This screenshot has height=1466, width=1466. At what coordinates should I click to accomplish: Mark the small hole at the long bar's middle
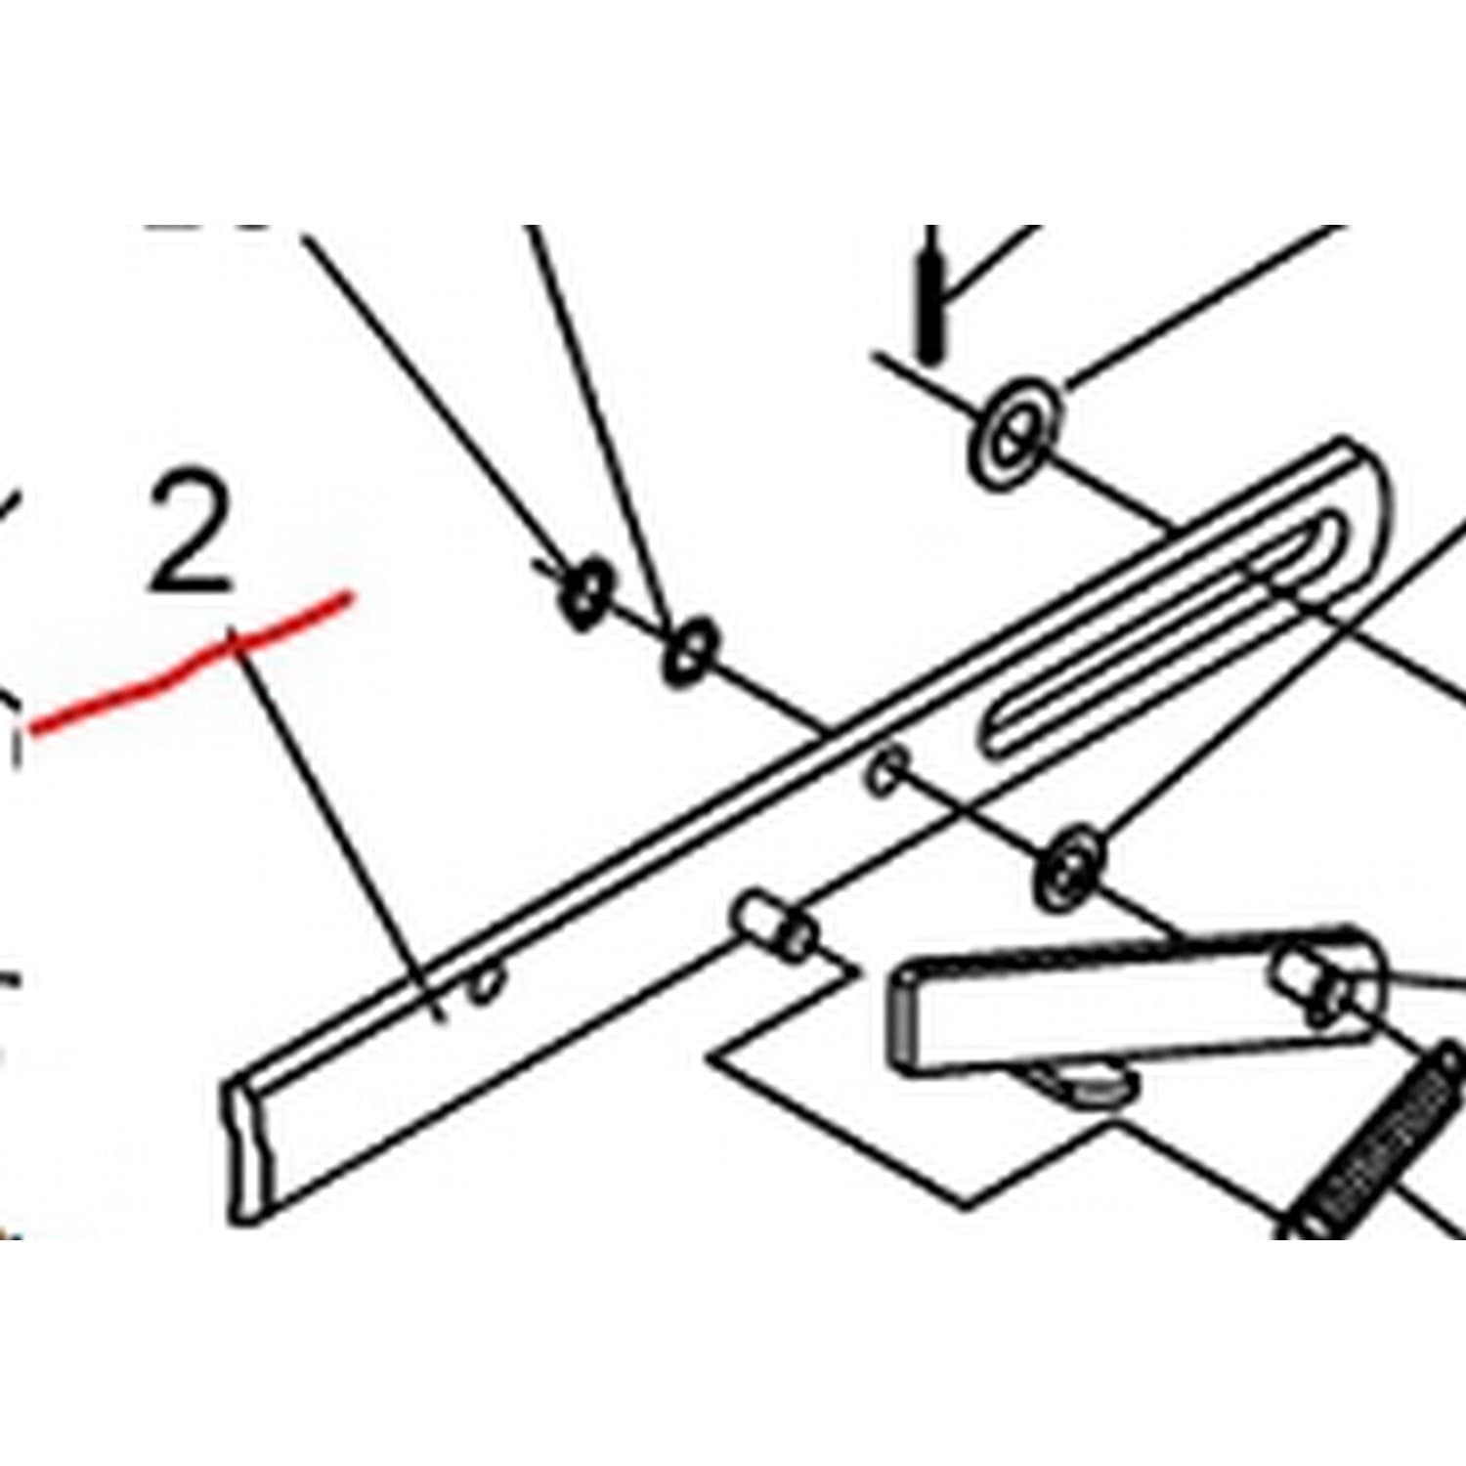pyautogui.click(x=887, y=768)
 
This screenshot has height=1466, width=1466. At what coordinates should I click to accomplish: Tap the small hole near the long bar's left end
pyautogui.click(x=486, y=984)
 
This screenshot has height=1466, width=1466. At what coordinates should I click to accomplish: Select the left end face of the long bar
pyautogui.click(x=247, y=1148)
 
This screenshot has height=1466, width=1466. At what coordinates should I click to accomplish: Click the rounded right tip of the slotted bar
pyautogui.click(x=1373, y=489)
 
